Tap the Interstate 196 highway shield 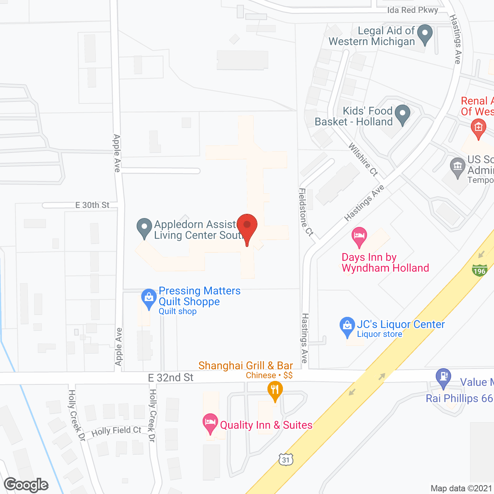479,270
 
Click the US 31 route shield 286,459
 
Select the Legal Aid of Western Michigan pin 425,34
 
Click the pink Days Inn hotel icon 359,236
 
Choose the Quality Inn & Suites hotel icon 210,423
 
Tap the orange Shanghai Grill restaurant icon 275,390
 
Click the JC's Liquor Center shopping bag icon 347,327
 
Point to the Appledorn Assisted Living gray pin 144,228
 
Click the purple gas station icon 443,377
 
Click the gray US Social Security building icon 458,167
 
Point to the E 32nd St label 171,377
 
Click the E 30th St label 93,205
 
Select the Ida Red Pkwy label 413,10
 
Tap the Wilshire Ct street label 363,159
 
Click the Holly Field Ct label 116,431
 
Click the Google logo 26,485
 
